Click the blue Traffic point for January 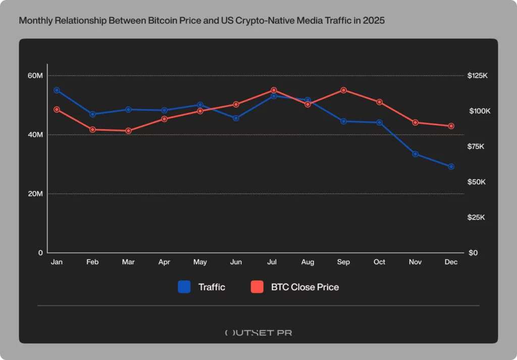tap(57, 90)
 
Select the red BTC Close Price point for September tap(344, 90)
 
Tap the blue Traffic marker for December tap(451, 167)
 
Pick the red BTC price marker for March tap(128, 131)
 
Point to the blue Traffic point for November tap(415, 154)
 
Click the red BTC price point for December tap(451, 126)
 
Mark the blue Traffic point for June tap(236, 118)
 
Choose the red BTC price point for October tap(379, 102)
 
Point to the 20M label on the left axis tap(35, 194)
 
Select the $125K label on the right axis tap(477, 76)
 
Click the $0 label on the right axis tap(473, 253)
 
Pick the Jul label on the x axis tap(272, 262)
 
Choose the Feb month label tap(92, 262)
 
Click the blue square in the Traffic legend tap(184, 287)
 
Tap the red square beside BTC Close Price tap(257, 287)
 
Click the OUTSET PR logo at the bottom tap(258, 333)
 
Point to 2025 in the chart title tap(374, 22)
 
